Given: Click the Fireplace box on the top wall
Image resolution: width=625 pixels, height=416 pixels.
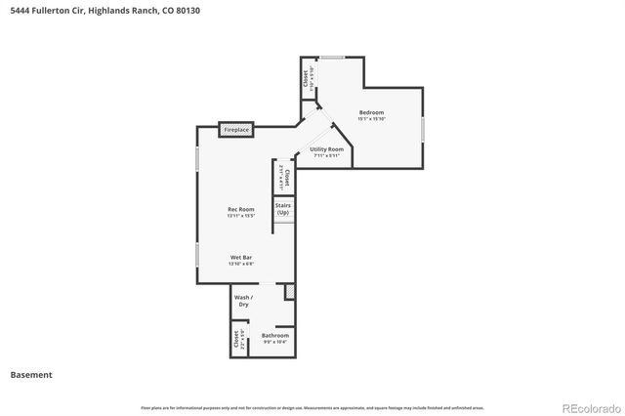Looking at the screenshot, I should tap(236, 129).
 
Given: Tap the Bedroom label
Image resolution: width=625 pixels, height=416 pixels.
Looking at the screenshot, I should tap(371, 112).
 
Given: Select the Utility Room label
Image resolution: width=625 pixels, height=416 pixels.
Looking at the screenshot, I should tap(326, 149).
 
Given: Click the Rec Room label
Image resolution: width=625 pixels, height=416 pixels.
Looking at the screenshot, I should tap(241, 209).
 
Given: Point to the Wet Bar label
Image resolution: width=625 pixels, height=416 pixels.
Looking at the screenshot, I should tap(241, 258).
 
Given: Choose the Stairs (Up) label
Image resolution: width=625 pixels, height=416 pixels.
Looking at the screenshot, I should tap(283, 209).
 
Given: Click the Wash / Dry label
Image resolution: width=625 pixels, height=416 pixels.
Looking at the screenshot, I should tap(243, 300).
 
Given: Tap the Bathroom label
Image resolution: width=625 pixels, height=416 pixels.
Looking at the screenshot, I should tap(274, 335).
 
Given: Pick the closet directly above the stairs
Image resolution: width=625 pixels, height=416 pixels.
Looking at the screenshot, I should tap(283, 178).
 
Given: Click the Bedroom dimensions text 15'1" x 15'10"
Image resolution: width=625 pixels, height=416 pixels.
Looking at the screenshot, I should tap(371, 119).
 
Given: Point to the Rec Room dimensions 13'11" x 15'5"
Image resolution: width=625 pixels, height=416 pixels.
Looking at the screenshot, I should tap(241, 216).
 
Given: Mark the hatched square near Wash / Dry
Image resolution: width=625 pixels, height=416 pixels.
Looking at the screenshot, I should tap(289, 292).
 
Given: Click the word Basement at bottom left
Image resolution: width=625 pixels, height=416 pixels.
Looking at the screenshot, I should tap(31, 374).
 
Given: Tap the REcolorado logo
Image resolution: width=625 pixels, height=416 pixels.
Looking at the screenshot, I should tap(590, 406).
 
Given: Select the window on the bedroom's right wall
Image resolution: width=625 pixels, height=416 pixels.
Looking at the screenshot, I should tap(423, 128).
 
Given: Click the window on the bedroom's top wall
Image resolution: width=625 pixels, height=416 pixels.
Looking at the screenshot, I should tap(333, 57).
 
